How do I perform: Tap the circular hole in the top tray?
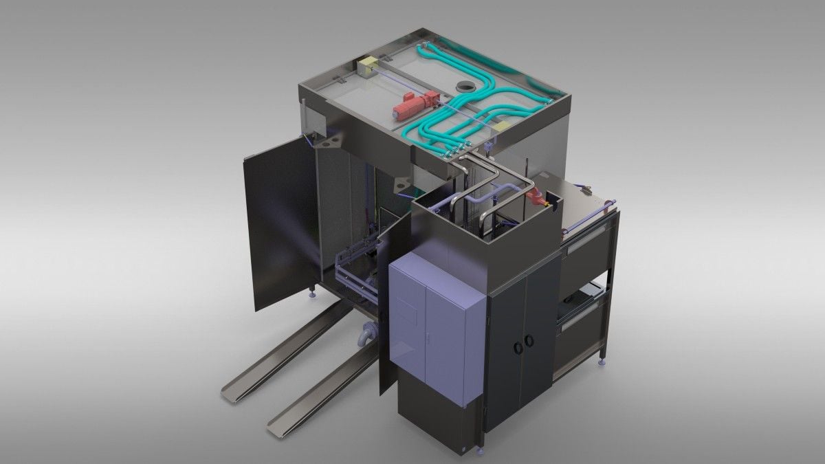pyautogui.click(x=465, y=87)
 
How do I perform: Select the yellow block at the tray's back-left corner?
pyautogui.click(x=366, y=67)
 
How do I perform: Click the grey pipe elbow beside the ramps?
pyautogui.click(x=366, y=335)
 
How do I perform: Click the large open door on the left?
pyautogui.click(x=278, y=220)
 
